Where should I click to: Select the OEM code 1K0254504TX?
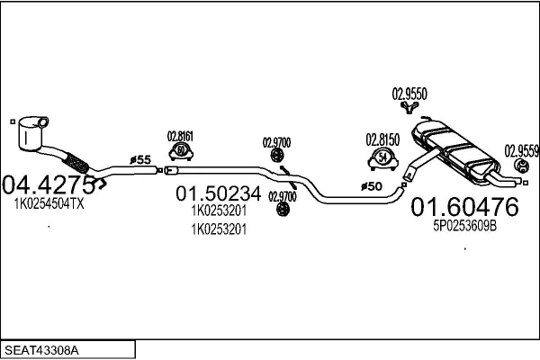(49, 205)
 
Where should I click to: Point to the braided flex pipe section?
(78, 164)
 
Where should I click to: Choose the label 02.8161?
(180, 137)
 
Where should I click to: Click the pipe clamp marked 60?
(181, 150)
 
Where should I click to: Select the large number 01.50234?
(219, 193)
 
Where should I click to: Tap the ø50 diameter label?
(372, 186)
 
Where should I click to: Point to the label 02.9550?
(409, 93)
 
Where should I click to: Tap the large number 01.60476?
(464, 208)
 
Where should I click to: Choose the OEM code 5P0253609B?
(464, 228)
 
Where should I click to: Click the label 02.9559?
(521, 150)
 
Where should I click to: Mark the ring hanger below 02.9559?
(519, 167)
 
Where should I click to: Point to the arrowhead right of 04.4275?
(101, 184)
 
